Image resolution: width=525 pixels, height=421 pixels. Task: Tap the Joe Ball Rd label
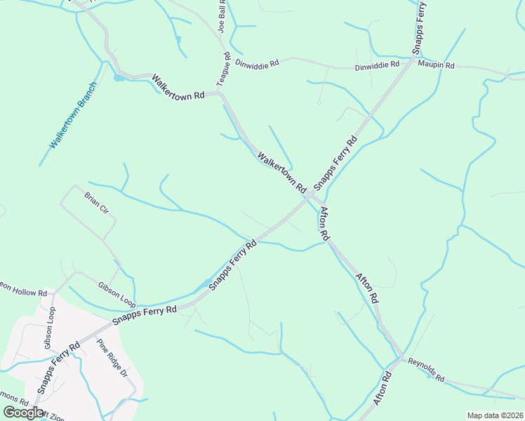pos(222,17)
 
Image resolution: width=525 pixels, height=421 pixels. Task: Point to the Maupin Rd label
pos(436,65)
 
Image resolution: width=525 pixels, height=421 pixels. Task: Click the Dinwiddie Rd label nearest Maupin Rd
pos(377,66)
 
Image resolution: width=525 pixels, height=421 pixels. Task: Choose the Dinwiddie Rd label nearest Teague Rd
pos(258,62)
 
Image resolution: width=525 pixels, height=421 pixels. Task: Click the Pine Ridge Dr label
pos(112,357)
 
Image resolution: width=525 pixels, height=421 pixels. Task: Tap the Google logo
pos(23,413)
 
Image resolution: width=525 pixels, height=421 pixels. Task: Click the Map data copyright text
pos(495,415)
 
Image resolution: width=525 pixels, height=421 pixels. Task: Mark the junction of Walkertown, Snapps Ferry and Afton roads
pos(310,197)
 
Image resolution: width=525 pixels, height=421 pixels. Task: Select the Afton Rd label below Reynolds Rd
pos(383,388)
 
